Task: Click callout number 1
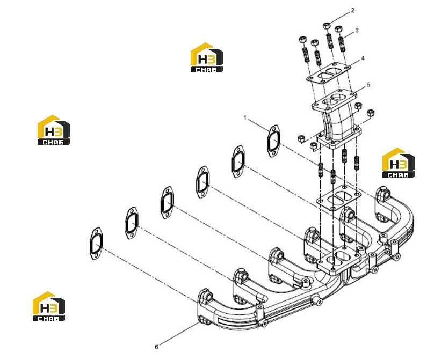[245, 118]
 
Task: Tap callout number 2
[353, 10]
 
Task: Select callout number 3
[357, 31]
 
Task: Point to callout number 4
[363, 58]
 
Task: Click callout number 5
[368, 85]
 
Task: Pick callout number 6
[156, 347]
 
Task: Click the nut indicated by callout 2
[327, 26]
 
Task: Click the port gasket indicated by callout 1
[274, 141]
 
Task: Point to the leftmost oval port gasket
[96, 243]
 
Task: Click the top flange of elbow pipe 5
[335, 100]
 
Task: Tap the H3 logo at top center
[206, 57]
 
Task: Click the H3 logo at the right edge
[399, 163]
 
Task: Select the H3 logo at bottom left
[49, 306]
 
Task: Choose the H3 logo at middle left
[54, 130]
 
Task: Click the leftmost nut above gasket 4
[302, 40]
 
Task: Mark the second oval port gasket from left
[132, 223]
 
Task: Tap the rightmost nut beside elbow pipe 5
[371, 112]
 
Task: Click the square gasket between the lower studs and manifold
[338, 198]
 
